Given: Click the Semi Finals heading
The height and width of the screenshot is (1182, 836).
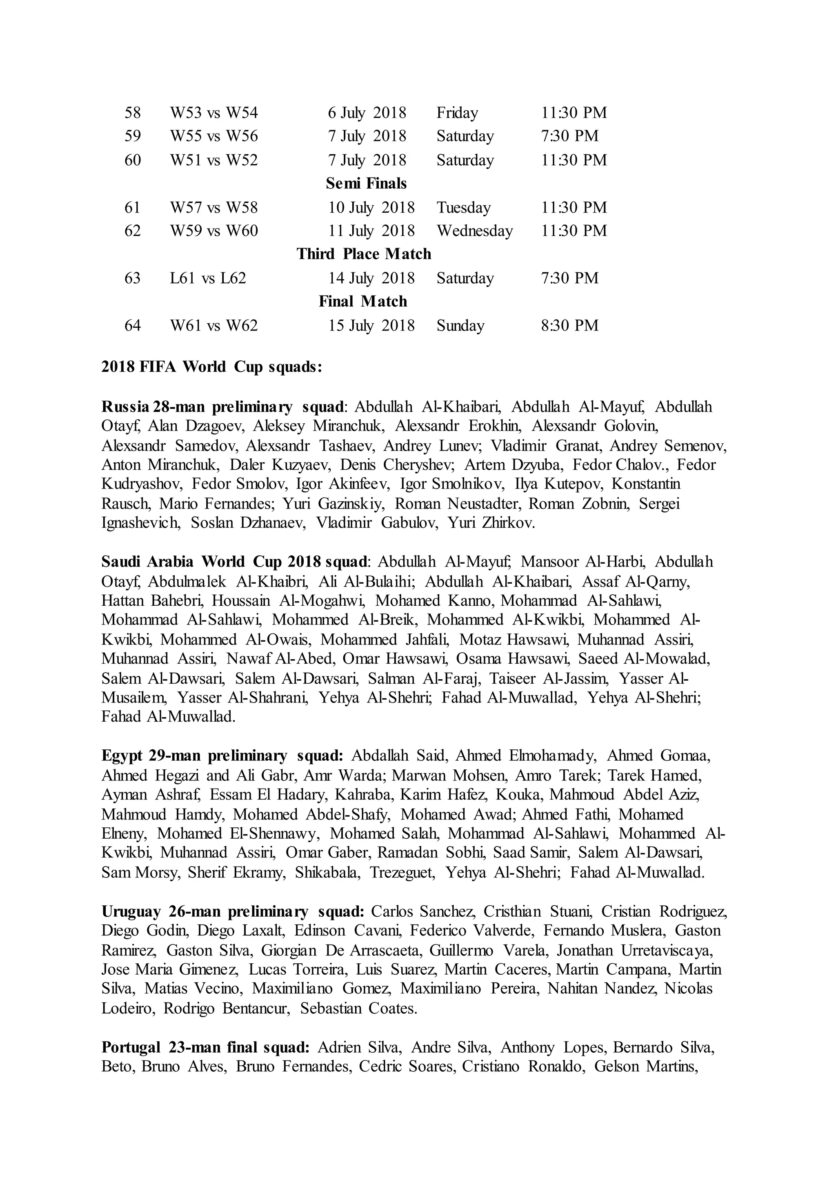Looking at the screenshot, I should click(x=366, y=183).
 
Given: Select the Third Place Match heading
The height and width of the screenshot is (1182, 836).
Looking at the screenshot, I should click(x=364, y=254).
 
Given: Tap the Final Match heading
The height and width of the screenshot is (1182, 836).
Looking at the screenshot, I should click(x=363, y=301).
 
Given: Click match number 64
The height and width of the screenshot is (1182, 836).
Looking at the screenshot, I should click(x=133, y=325).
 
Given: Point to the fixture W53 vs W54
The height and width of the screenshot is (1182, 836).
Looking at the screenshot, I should click(x=214, y=112).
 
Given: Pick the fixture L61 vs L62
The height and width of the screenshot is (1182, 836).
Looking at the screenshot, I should click(x=208, y=278).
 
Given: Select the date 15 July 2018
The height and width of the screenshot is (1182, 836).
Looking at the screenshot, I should click(x=372, y=325).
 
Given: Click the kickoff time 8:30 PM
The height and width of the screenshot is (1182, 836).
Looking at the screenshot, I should click(x=570, y=325).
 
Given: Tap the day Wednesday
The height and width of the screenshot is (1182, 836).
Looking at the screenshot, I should click(x=475, y=231).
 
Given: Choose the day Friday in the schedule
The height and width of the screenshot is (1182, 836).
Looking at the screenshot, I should click(x=457, y=112).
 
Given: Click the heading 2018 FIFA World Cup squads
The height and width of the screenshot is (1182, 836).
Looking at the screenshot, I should click(x=212, y=367).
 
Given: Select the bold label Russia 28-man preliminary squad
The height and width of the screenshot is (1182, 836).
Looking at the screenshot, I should click(x=223, y=407).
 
